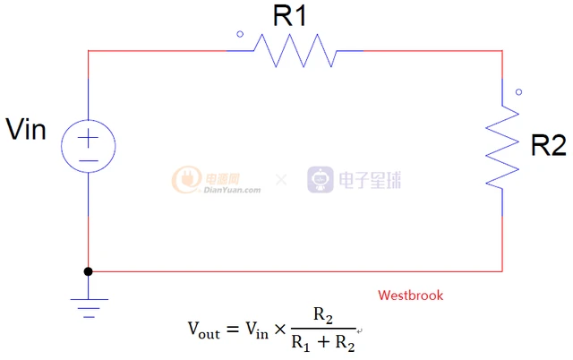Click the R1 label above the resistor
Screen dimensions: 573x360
click(x=289, y=16)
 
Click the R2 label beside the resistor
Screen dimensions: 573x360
click(x=548, y=145)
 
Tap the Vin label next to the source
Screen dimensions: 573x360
click(x=26, y=129)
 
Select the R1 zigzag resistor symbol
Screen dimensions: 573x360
click(x=295, y=51)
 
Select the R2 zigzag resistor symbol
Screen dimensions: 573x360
click(x=502, y=147)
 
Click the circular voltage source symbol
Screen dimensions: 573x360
click(x=89, y=146)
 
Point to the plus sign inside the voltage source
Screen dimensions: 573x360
click(x=88, y=138)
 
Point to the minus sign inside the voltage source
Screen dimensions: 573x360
click(x=89, y=161)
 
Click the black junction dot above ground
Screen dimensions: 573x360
click(x=88, y=271)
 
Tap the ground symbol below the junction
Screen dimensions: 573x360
click(x=89, y=308)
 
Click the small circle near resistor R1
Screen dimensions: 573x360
click(x=240, y=34)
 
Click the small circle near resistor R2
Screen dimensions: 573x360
click(x=519, y=92)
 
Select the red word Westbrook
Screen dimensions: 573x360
click(x=411, y=296)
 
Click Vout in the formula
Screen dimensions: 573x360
click(x=204, y=330)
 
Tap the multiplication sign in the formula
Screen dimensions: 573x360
click(x=280, y=330)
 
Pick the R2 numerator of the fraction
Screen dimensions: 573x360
click(x=323, y=315)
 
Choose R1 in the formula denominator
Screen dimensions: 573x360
click(x=301, y=344)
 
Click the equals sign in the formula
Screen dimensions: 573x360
click(x=233, y=330)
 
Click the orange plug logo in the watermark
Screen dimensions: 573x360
click(x=187, y=179)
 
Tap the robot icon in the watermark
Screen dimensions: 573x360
click(x=321, y=179)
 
